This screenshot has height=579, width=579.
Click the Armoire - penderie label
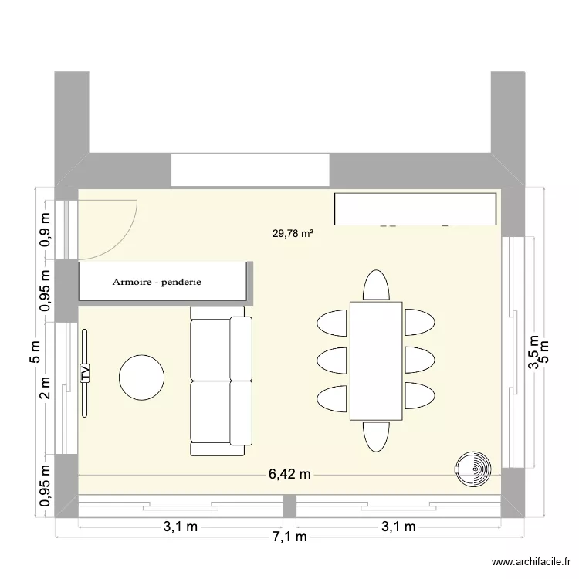click(x=157, y=283)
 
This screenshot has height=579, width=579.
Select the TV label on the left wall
click(x=85, y=373)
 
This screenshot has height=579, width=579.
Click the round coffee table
click(x=141, y=377)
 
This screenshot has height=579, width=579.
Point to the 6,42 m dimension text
click(x=289, y=474)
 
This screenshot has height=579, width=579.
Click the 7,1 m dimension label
click(x=289, y=537)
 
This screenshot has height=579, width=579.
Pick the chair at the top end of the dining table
click(x=376, y=285)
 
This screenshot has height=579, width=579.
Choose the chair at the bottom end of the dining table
click(x=376, y=436)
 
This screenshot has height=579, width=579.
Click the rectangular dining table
click(x=376, y=361)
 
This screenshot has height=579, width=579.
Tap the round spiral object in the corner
click(x=472, y=468)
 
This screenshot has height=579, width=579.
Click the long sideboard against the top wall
click(x=414, y=208)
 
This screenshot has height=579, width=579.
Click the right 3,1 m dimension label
click(x=398, y=527)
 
